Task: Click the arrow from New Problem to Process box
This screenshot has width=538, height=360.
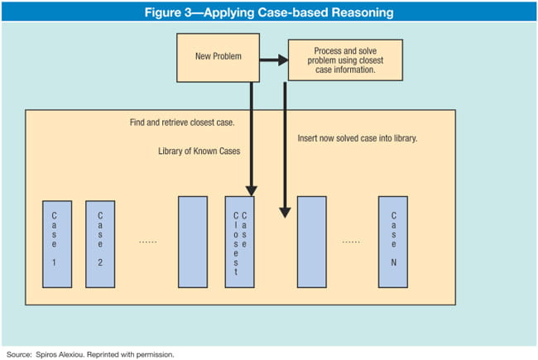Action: [273, 60]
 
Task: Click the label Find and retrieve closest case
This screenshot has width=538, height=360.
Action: [182, 122]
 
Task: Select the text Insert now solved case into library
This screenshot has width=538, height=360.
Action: [357, 137]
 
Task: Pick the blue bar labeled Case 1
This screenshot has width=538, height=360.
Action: [55, 242]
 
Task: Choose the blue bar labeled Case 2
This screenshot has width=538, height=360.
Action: [99, 242]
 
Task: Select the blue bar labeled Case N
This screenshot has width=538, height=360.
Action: [394, 242]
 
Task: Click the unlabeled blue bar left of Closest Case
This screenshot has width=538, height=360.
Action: [193, 242]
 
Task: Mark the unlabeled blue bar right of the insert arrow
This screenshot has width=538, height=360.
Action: [312, 242]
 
